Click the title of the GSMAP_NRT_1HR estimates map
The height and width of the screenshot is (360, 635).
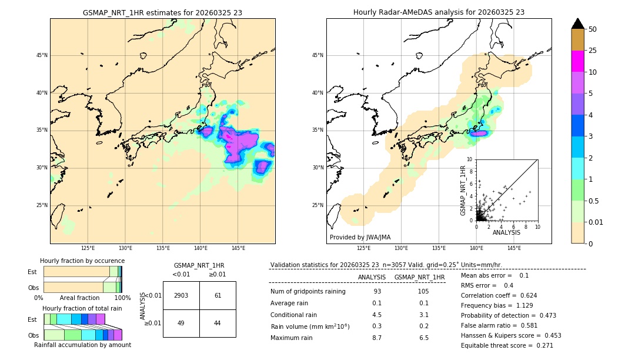pos(162,12)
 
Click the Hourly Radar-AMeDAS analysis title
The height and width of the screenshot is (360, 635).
pos(439,12)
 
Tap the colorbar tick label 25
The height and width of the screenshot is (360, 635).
pos(593,51)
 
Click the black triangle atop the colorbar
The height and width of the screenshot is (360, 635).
pos(578,24)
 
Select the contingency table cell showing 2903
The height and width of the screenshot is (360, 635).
pos(181,295)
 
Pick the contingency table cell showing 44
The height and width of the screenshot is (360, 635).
pos(218,323)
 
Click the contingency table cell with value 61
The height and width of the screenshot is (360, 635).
pos(218,295)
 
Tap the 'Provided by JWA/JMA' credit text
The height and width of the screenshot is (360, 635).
pos(360,238)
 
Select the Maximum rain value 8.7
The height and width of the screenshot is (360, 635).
pos(377,338)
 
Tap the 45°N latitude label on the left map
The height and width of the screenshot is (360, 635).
pos(42,55)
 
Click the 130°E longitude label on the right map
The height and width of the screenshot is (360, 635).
pos(401,248)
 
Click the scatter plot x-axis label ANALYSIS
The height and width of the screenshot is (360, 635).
pos(506,233)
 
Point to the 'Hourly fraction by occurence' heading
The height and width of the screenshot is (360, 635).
pos(82,261)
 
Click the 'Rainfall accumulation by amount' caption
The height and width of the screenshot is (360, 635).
pos(82,345)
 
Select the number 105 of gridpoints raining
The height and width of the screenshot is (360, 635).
pos(423,292)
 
